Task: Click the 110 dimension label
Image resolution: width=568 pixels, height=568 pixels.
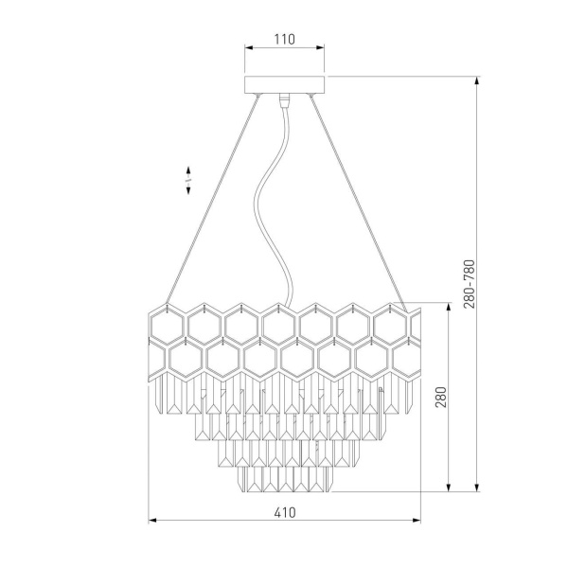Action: click(x=284, y=39)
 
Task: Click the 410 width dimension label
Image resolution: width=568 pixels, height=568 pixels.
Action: click(x=285, y=512)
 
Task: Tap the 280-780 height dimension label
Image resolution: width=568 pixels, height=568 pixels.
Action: click(x=469, y=284)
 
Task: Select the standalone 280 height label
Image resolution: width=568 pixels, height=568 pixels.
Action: click(x=441, y=397)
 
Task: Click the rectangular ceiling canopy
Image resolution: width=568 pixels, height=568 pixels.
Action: click(x=285, y=84)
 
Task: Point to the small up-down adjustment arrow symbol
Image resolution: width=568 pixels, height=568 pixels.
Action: click(x=188, y=181)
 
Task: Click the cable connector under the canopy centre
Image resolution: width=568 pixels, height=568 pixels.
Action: click(x=285, y=100)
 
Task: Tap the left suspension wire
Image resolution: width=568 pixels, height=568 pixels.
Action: click(x=213, y=199)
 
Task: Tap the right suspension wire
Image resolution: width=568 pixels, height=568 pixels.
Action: click(x=359, y=203)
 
